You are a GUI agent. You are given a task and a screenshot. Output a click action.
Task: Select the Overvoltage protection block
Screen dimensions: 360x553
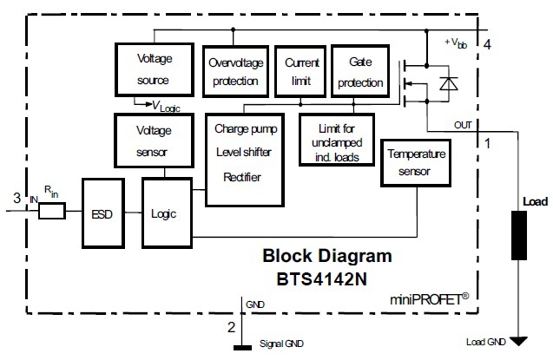coord(234,72)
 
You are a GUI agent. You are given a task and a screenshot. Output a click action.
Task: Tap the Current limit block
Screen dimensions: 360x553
coord(297,72)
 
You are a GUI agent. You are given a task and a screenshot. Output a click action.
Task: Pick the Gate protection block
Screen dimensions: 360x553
coord(359,72)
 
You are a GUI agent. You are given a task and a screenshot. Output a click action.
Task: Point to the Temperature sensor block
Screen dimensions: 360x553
coord(416,162)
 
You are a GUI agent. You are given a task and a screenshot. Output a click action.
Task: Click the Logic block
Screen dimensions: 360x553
coord(165,212)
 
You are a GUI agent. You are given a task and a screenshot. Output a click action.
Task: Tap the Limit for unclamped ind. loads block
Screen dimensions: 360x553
coord(335,140)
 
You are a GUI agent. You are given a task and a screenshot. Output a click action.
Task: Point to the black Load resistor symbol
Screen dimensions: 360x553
coord(519,234)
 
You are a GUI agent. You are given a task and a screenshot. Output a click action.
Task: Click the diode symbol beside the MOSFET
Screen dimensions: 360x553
coord(448,83)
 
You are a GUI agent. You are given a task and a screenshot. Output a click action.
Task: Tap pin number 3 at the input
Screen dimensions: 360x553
coord(16,199)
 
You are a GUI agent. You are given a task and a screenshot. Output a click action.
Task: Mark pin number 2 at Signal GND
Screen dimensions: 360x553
coord(230,327)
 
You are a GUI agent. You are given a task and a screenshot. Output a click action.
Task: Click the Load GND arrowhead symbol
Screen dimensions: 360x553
coord(519,341)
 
